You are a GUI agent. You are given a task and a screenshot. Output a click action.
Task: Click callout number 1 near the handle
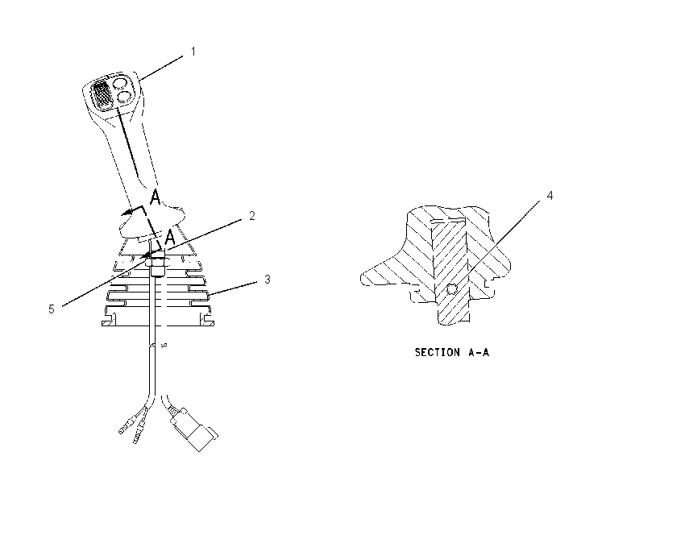[x=193, y=52]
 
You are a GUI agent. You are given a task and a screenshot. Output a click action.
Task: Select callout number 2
[x=252, y=215]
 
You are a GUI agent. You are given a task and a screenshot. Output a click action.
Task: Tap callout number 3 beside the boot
[x=268, y=279]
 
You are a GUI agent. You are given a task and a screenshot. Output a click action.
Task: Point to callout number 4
[x=550, y=195]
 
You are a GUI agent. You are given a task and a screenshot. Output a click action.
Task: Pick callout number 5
[x=52, y=309]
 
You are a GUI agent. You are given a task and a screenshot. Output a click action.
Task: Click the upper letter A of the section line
[x=155, y=197]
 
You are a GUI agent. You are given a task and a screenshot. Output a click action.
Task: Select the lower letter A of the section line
[x=169, y=237]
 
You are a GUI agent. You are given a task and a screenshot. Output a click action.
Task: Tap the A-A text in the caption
[x=479, y=352]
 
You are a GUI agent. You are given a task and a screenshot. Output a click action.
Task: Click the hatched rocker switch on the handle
[x=102, y=93]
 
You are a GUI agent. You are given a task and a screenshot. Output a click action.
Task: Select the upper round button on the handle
[x=120, y=82]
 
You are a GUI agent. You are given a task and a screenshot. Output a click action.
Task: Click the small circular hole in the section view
[x=452, y=288]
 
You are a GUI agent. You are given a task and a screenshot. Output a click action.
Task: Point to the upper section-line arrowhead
[x=127, y=213]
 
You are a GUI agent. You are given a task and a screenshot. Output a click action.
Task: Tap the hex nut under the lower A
[x=156, y=262]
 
